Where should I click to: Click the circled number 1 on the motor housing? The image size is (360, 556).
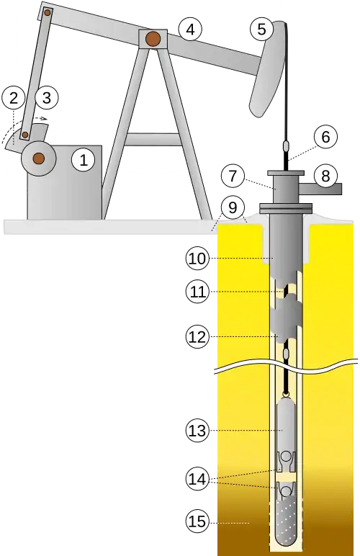84,160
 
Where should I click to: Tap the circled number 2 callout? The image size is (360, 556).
13,98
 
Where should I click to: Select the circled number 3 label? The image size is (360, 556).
46,97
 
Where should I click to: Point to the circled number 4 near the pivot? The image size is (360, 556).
190,30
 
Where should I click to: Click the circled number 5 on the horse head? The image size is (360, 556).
261,29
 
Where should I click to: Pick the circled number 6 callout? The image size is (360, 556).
325,137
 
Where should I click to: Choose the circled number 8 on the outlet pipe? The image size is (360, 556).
325,176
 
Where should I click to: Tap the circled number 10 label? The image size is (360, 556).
197,259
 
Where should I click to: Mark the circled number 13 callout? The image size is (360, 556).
197,431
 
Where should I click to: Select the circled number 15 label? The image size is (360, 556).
197,521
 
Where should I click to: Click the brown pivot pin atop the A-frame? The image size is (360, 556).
153,39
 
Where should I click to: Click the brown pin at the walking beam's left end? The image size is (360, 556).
47,13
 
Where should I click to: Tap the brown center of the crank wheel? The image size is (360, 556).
38,158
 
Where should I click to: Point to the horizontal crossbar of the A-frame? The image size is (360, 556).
153,139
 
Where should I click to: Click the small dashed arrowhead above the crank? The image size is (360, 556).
44,118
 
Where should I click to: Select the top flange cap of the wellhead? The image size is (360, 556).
286,173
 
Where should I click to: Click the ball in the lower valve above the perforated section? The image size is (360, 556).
286,490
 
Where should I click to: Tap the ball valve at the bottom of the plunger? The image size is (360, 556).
286,456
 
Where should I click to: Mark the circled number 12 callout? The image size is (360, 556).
197,336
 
